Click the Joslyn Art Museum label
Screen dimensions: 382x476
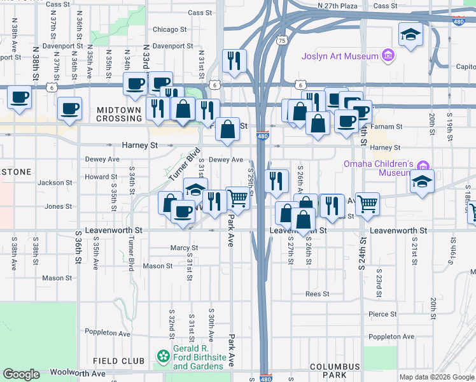(x=340, y=56)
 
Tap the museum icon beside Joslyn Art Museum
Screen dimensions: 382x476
(x=387, y=57)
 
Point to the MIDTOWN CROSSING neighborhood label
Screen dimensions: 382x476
(x=118, y=114)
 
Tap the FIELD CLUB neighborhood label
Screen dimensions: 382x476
(x=118, y=361)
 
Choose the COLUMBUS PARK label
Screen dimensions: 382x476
(x=335, y=371)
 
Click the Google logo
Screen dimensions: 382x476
(x=21, y=374)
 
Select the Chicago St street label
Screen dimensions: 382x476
(x=169, y=29)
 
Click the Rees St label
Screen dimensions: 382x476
(x=317, y=294)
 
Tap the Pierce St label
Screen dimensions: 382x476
(x=382, y=315)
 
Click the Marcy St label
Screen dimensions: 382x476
(x=184, y=248)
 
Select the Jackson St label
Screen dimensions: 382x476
(x=51, y=183)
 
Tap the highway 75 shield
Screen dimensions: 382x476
(x=281, y=39)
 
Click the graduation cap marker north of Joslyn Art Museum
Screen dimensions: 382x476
(x=410, y=34)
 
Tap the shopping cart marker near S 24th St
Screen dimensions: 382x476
(x=367, y=204)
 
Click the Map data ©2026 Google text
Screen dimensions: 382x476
(x=437, y=377)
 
